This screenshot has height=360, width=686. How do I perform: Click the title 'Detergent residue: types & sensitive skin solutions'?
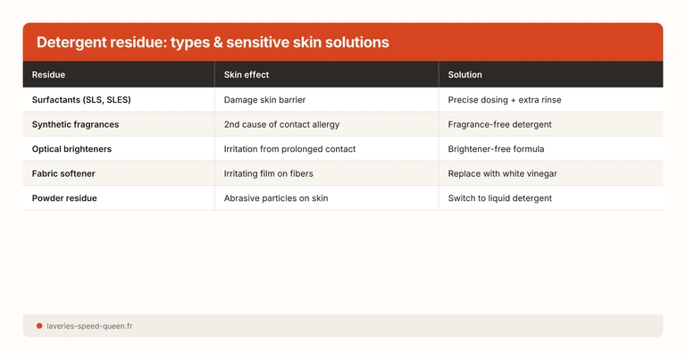point(213,43)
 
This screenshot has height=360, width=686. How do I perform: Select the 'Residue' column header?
point(48,75)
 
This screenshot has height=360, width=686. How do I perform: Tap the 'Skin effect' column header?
point(247,75)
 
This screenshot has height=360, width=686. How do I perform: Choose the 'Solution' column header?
point(465,75)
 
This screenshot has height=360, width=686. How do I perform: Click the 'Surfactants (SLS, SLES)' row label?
point(81,100)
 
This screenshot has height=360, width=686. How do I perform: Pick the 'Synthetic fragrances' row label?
point(75,124)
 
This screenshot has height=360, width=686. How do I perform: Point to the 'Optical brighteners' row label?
point(71,149)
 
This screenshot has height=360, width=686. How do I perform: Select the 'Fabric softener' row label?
point(65,173)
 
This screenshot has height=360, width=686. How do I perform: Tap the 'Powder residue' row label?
point(64,198)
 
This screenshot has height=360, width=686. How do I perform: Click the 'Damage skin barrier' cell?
point(264,100)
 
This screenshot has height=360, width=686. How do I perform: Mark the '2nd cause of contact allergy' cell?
point(281,124)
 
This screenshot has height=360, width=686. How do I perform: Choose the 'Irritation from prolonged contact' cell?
point(289,149)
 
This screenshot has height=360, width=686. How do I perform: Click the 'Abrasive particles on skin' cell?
point(276,198)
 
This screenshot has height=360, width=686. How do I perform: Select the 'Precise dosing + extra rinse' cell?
point(505,100)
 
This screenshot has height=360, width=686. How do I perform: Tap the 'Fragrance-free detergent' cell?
point(499,124)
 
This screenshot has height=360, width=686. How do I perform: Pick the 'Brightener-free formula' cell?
point(496,149)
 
